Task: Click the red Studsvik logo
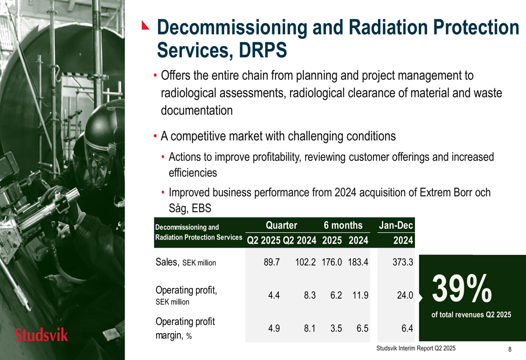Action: coord(41,335)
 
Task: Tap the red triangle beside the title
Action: coord(145,25)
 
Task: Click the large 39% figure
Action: coord(462,289)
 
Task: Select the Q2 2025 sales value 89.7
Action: coord(272,262)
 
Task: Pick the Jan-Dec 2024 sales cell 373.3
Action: coord(403,262)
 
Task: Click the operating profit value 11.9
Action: coord(360,295)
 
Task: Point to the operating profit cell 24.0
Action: coord(405,295)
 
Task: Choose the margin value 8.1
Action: coord(310,328)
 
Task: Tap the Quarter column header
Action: coord(281,225)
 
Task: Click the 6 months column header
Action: coord(343,225)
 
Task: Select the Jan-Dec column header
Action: coord(396,225)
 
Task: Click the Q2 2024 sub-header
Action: coord(300,240)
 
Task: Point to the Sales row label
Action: coord(186,262)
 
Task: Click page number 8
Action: coord(510,349)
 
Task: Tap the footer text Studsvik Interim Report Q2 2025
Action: coord(416,348)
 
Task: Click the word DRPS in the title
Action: coord(262,50)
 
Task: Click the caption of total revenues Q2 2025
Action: coord(471,315)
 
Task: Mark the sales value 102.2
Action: coord(305,262)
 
